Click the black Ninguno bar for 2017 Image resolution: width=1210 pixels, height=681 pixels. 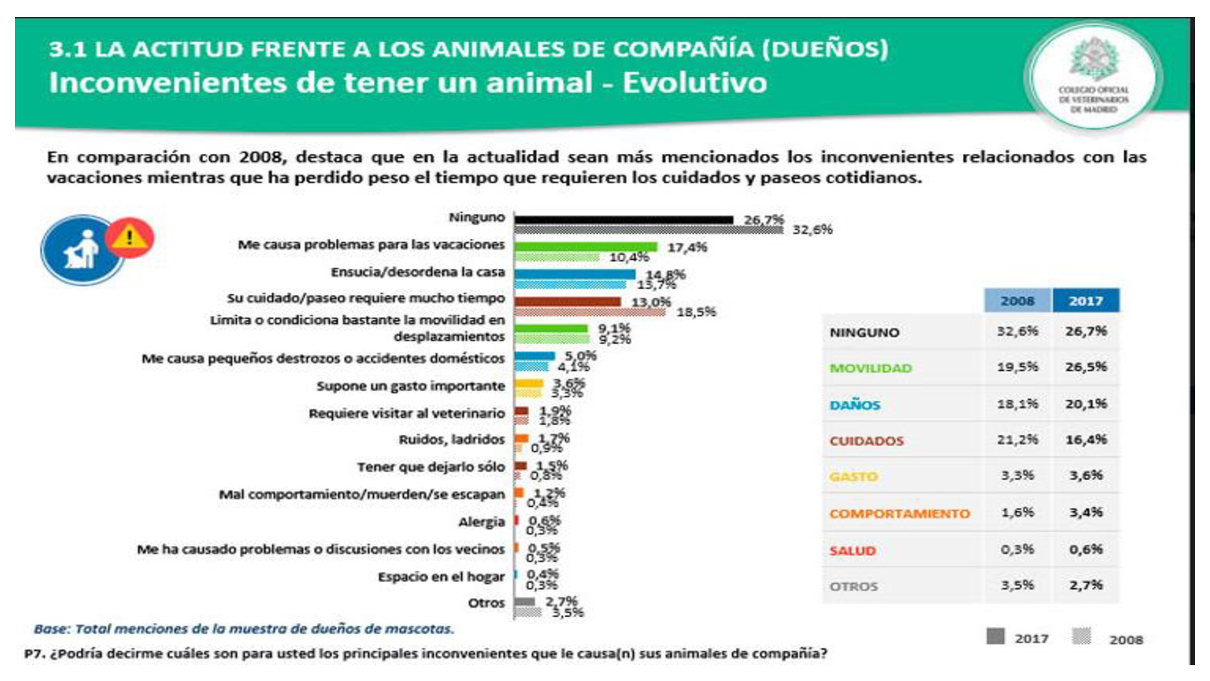tap(624, 219)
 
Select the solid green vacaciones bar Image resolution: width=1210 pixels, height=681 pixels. tap(585, 247)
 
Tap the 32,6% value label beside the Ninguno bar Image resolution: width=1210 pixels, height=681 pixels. tap(812, 230)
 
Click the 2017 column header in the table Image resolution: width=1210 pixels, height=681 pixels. tap(1086, 301)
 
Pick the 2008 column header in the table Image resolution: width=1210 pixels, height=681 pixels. tap(1017, 301)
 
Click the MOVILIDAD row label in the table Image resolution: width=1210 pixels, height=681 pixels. tap(870, 368)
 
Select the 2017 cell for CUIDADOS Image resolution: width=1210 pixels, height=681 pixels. tap(1086, 439)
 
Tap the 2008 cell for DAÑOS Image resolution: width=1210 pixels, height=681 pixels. tap(1017, 404)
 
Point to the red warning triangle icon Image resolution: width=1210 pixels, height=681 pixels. tap(130, 238)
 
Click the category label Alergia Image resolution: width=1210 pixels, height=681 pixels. tap(481, 522)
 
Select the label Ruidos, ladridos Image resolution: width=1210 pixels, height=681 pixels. tap(451, 439)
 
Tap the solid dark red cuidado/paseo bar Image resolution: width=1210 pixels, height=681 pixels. tap(567, 301)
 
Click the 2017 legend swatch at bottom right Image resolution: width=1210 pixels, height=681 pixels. tap(996, 637)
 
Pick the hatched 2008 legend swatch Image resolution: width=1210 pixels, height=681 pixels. tap(1081, 637)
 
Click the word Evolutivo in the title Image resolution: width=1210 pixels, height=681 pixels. tap(694, 83)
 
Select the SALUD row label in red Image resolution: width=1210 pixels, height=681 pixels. tap(852, 551)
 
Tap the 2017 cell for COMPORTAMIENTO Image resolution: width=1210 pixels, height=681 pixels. tap(1086, 513)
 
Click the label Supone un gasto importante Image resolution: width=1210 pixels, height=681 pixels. tap(410, 386)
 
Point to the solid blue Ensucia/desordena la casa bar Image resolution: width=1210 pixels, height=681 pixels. tap(575, 274)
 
